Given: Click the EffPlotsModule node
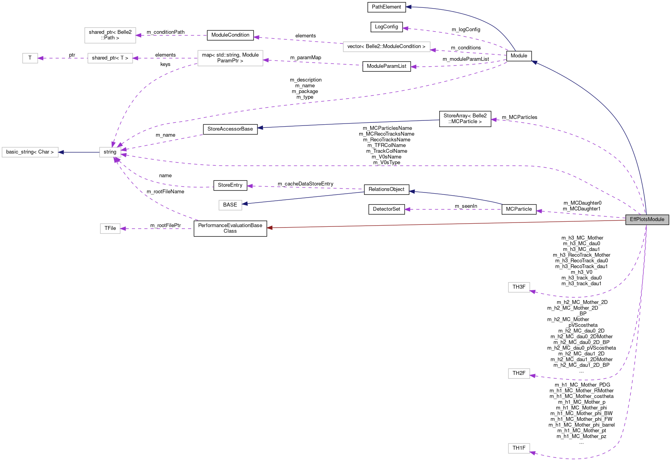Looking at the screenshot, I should (647, 219).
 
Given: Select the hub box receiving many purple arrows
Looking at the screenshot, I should (110, 152).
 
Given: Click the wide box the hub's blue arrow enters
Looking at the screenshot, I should (30, 152).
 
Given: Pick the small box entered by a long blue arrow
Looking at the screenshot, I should (230, 205).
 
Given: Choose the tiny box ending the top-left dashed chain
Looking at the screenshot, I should (30, 58).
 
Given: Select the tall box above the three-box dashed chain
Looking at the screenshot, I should (110, 35).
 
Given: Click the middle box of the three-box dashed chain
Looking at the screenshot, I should (110, 58).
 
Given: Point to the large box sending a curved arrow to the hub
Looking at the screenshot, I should (230, 58).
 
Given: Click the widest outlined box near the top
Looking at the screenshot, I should (387, 47).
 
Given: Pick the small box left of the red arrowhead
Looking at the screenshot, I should (110, 228).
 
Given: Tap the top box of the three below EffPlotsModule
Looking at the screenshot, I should (519, 287).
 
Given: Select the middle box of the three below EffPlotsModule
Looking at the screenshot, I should (519, 373).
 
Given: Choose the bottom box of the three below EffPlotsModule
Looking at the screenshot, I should (519, 448).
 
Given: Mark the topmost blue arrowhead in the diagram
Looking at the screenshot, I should (408, 7).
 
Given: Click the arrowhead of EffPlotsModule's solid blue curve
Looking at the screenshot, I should (534, 62).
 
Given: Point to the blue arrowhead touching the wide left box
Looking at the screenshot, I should (61, 152).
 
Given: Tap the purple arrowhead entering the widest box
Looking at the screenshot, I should (433, 50).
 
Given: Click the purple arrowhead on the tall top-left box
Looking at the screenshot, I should (138, 35).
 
